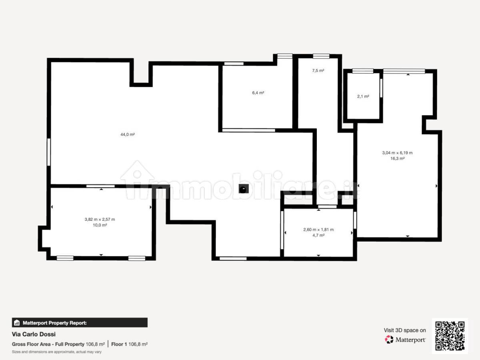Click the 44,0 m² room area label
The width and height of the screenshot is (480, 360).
click(x=128, y=134)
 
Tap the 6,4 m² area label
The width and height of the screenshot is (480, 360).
click(x=258, y=93)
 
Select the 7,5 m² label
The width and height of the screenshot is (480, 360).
click(x=318, y=70)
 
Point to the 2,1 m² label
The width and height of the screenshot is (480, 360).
click(x=363, y=96)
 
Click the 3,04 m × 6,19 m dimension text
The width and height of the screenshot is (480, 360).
click(x=397, y=153)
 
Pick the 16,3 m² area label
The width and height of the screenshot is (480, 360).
click(x=397, y=158)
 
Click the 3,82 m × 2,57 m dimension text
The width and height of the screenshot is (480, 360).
click(x=100, y=219)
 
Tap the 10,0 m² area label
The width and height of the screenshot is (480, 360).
click(x=100, y=225)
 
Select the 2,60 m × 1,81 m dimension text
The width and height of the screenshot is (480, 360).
click(x=318, y=230)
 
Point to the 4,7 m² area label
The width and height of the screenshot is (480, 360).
click(x=318, y=235)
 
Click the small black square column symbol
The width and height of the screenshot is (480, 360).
click(x=244, y=189)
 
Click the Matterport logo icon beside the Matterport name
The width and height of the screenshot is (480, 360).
click(x=389, y=340)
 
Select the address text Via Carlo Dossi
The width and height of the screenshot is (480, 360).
click(x=34, y=334)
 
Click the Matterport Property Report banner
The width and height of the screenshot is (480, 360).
click(x=80, y=323)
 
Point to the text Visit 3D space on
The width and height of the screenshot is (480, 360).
click(x=405, y=330)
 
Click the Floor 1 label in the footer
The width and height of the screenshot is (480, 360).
click(x=119, y=344)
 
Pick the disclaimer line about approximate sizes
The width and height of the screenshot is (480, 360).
click(x=57, y=352)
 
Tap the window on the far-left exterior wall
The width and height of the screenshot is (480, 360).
click(x=49, y=152)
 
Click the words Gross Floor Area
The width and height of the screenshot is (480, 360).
click(x=31, y=344)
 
